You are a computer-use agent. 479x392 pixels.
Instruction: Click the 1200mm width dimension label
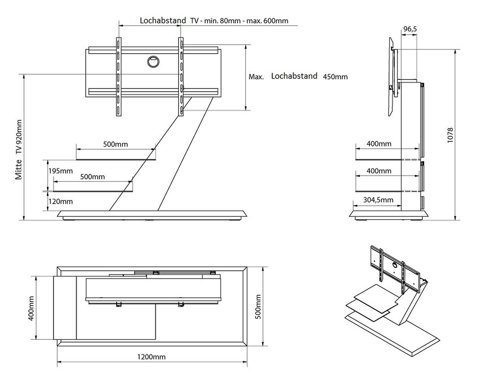tap(151, 357)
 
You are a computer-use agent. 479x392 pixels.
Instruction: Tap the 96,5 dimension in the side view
tap(410, 29)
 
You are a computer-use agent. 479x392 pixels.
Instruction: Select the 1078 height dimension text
tap(450, 135)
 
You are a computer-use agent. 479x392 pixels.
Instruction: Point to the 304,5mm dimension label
tap(378, 200)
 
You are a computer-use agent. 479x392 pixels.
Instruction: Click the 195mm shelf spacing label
tap(60, 171)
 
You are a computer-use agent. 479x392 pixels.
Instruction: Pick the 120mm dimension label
tap(60, 202)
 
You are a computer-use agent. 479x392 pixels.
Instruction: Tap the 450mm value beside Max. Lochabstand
tap(335, 77)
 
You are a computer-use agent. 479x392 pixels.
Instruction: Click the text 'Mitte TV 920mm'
tap(19, 150)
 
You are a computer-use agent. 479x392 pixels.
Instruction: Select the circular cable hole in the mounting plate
tap(153, 62)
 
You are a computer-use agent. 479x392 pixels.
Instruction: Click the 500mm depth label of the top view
tap(258, 307)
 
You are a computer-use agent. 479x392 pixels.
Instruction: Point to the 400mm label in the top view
tap(31, 308)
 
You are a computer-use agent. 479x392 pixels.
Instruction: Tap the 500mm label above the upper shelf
tap(115, 144)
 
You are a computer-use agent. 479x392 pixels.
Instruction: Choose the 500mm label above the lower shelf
tap(92, 177)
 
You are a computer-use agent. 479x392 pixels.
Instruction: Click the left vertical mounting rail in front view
tap(119, 77)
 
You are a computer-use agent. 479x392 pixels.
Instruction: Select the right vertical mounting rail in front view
tap(181, 77)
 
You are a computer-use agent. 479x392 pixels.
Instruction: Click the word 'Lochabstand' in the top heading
tap(163, 21)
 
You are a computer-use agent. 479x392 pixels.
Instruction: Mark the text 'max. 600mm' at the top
tap(267, 21)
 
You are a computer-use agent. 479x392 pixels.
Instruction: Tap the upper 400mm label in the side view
tap(379, 144)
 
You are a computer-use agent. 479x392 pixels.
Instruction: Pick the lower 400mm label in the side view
tap(379, 171)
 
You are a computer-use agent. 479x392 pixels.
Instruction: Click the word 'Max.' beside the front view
tap(256, 77)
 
